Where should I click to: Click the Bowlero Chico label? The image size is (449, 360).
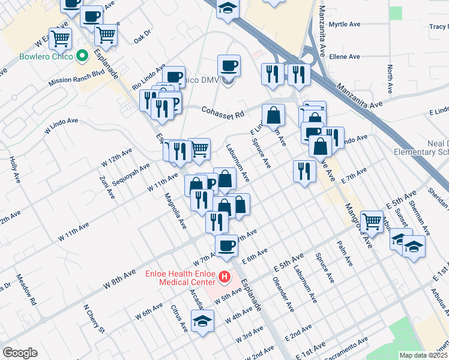click(x=37, y=57)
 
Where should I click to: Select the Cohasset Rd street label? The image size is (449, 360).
click(x=223, y=113)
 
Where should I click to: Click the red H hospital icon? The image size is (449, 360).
click(x=224, y=277)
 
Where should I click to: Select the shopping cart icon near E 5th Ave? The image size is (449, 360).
click(x=372, y=221)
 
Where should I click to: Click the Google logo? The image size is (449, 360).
click(x=20, y=353)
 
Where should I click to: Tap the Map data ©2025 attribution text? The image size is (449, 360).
click(x=423, y=355)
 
